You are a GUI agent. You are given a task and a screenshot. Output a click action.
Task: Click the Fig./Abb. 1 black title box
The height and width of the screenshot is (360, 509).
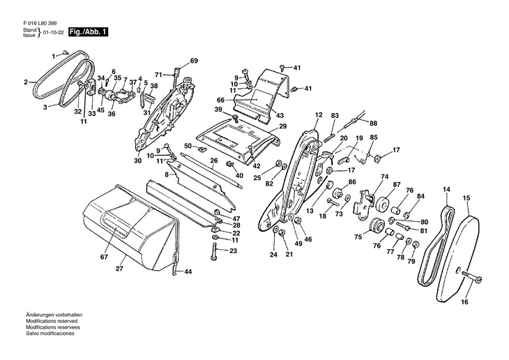point(88,32)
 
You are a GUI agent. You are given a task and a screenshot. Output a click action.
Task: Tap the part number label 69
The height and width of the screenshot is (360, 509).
point(194,61)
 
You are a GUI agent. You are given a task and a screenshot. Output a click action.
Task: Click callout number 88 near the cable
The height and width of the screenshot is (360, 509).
point(373,123)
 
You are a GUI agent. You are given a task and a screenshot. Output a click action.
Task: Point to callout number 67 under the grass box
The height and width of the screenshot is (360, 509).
point(104,257)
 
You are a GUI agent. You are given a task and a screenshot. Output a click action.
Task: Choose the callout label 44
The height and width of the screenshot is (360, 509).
point(188,271)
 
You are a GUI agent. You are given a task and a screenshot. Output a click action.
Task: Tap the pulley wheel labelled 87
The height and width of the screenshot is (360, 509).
point(383,203)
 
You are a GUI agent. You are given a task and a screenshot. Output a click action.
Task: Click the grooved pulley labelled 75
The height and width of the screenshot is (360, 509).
point(377,225)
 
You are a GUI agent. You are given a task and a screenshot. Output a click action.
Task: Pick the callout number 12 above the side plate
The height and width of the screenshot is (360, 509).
point(319,114)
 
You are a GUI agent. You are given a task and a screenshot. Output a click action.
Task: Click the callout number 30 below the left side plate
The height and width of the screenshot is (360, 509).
point(137,160)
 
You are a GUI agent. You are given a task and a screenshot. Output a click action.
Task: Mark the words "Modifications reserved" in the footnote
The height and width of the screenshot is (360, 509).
point(52,321)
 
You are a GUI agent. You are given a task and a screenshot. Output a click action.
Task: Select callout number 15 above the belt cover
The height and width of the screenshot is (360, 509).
point(466,198)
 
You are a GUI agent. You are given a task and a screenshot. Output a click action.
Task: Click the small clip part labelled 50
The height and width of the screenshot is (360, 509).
point(202,149)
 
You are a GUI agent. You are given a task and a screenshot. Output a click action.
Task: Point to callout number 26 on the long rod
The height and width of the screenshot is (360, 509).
point(213,160)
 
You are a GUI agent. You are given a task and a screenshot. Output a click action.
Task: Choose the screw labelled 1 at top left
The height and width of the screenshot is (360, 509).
point(66,52)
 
